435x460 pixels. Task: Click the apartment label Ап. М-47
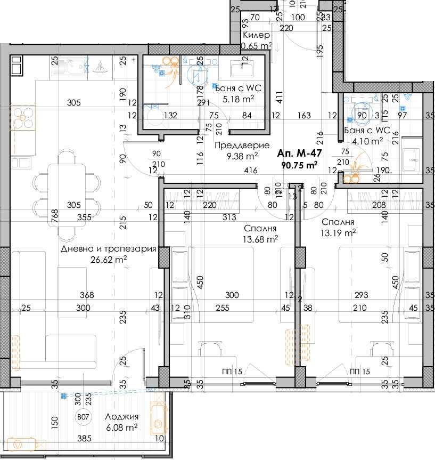click(x=300, y=154)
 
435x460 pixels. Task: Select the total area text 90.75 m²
click(x=300, y=165)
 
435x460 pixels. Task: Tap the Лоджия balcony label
click(x=121, y=417)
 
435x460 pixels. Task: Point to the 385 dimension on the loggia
click(x=84, y=439)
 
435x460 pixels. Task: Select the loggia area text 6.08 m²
click(x=121, y=427)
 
